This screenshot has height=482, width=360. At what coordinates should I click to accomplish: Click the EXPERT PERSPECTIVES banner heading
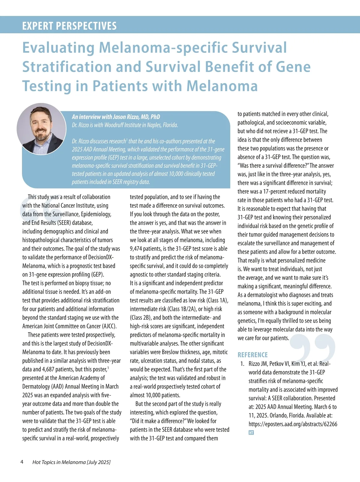69,26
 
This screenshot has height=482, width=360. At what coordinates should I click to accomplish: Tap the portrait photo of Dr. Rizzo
41,128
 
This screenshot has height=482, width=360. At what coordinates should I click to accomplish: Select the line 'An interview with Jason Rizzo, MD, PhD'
116,117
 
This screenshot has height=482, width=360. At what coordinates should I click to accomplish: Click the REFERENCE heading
253,355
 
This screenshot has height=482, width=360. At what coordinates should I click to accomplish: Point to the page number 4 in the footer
22,462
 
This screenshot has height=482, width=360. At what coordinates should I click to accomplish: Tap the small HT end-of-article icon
251,432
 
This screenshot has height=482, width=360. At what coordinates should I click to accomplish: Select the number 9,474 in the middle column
137,249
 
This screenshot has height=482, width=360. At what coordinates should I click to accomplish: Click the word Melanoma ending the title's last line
222,86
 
